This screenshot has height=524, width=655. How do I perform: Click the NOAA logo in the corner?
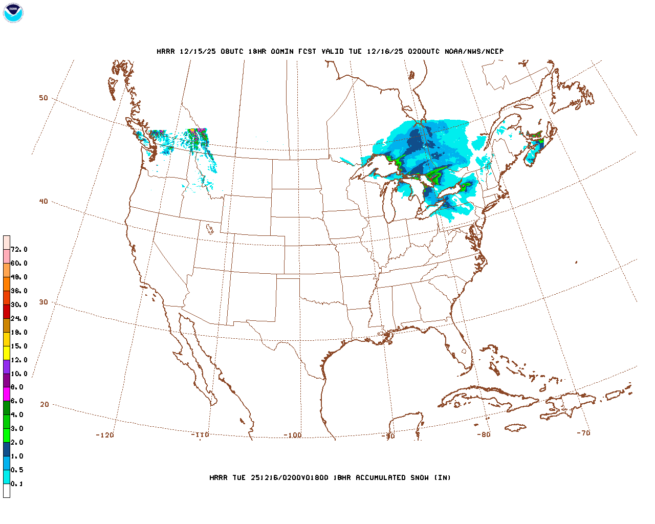click(13, 13)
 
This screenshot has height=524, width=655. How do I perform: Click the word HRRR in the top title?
click(165, 51)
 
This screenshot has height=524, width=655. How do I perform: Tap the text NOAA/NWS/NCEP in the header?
click(474, 51)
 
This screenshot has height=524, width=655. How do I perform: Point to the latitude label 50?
click(43, 98)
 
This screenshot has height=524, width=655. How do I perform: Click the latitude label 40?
click(43, 201)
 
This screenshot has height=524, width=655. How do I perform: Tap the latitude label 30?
click(43, 302)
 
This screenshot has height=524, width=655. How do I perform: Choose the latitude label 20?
click(45, 404)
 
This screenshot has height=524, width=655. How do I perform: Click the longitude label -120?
click(105, 435)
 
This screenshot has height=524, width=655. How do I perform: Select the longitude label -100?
click(293, 435)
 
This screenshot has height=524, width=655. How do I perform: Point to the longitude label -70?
click(583, 433)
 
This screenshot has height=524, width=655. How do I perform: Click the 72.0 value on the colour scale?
click(19, 250)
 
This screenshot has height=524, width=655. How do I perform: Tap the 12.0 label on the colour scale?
click(19, 360)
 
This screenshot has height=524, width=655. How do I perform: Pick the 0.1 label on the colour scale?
click(17, 484)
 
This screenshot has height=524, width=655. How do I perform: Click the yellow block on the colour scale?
click(6, 353)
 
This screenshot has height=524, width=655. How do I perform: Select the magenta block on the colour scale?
click(6, 394)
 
